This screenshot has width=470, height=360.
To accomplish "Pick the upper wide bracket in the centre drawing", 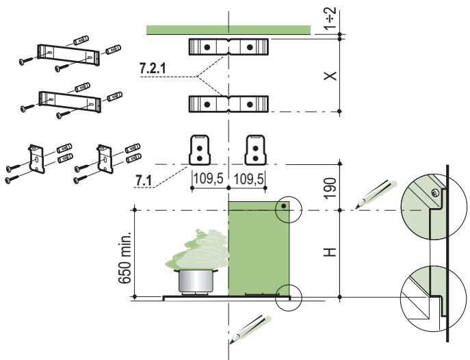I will tap(229, 47).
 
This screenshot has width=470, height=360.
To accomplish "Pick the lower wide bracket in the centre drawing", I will tap(229, 104).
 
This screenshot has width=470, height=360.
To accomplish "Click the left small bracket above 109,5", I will tap(199, 149).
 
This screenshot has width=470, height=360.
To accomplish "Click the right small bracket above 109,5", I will tap(256, 149).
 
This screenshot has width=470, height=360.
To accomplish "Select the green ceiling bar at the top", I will tap(229, 29).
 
